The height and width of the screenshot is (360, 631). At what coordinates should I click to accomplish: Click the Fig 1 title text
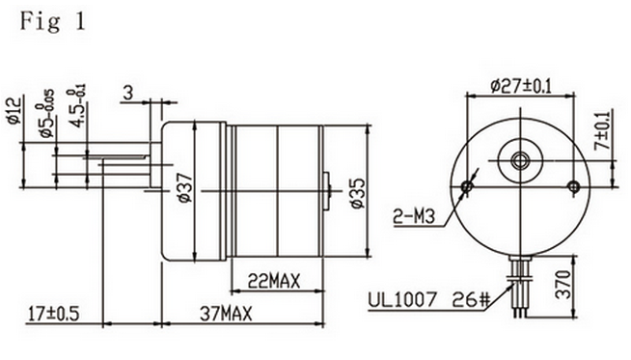pyautogui.click(x=53, y=21)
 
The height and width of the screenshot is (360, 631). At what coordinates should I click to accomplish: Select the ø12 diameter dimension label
pyautogui.click(x=14, y=111)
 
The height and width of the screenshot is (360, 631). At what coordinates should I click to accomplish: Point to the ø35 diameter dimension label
pyautogui.click(x=358, y=193)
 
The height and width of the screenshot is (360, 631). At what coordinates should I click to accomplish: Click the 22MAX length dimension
pyautogui.click(x=274, y=281)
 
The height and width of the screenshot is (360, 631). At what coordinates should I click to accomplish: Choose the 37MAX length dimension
pyautogui.click(x=226, y=314)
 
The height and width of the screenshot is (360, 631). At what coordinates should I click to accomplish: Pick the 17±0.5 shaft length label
pyautogui.click(x=53, y=314)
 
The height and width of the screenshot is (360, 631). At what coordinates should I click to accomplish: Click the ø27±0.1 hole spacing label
pyautogui.click(x=521, y=86)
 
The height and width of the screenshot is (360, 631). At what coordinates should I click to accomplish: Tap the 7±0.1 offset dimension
pyautogui.click(x=602, y=130)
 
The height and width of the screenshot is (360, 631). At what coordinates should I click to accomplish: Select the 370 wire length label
pyautogui.click(x=563, y=285)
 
